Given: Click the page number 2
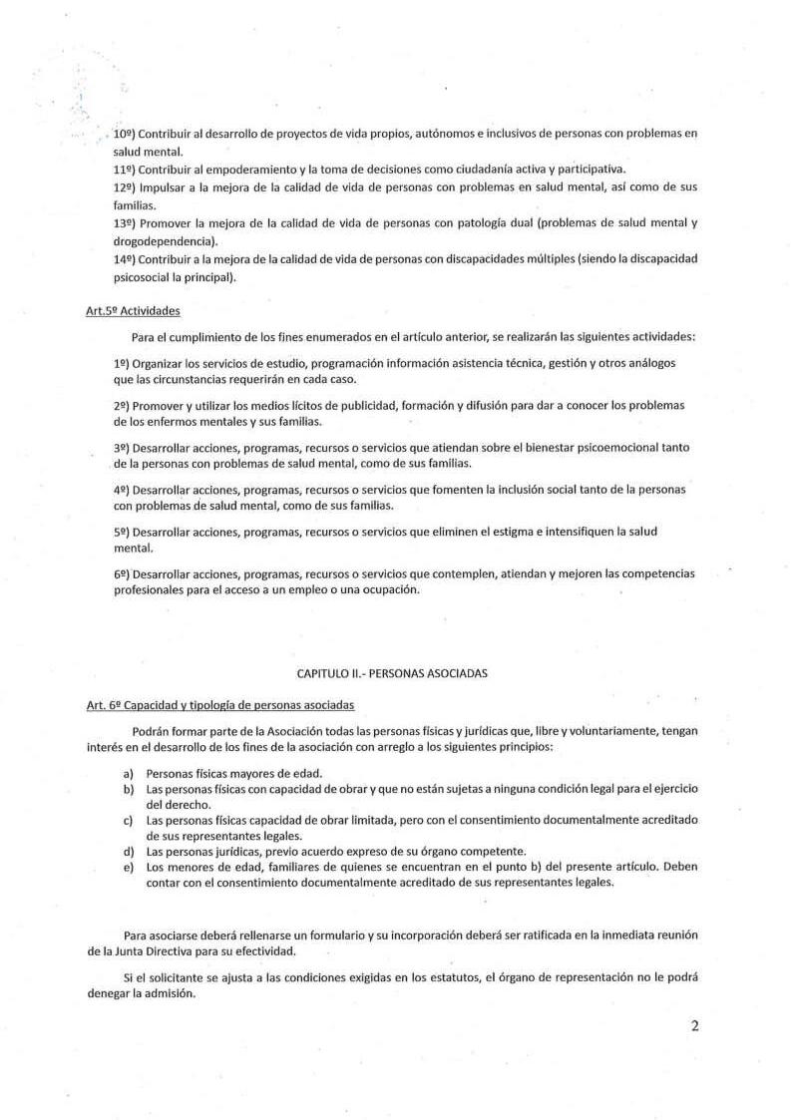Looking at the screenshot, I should pyautogui.click(x=693, y=1027).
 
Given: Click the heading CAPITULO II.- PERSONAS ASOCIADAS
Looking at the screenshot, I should pyautogui.click(x=392, y=673).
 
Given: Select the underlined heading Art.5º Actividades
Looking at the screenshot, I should pyautogui.click(x=133, y=311).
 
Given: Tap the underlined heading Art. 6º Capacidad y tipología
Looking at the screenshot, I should pyautogui.click(x=219, y=705).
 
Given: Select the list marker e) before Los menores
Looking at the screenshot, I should pyautogui.click(x=128, y=866).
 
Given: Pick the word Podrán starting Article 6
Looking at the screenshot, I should pyautogui.click(x=151, y=731).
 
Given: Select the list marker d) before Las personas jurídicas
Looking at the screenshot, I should pyautogui.click(x=128, y=851).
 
